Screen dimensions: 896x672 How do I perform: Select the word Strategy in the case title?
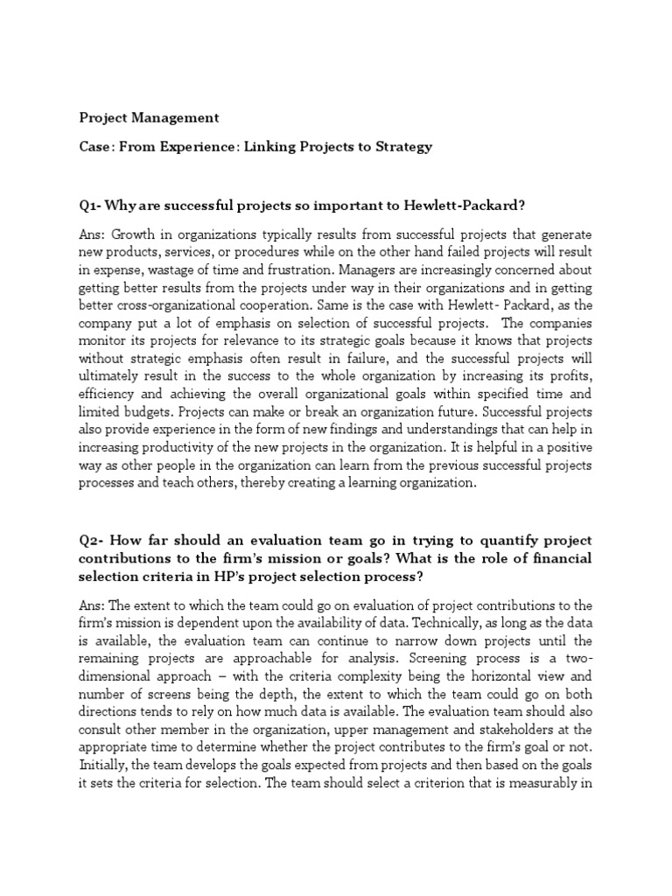(400, 146)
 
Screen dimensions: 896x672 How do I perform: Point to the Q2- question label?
(92, 540)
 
